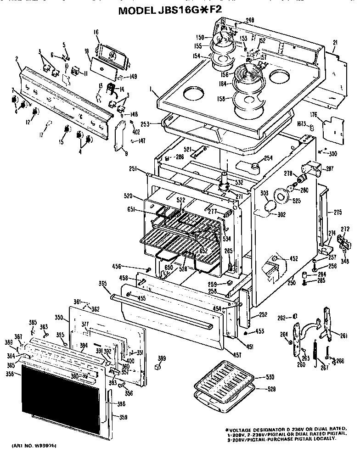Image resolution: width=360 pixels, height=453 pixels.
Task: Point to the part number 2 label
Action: click(x=17, y=59)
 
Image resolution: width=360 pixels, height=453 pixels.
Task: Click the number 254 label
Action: click(x=268, y=158)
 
